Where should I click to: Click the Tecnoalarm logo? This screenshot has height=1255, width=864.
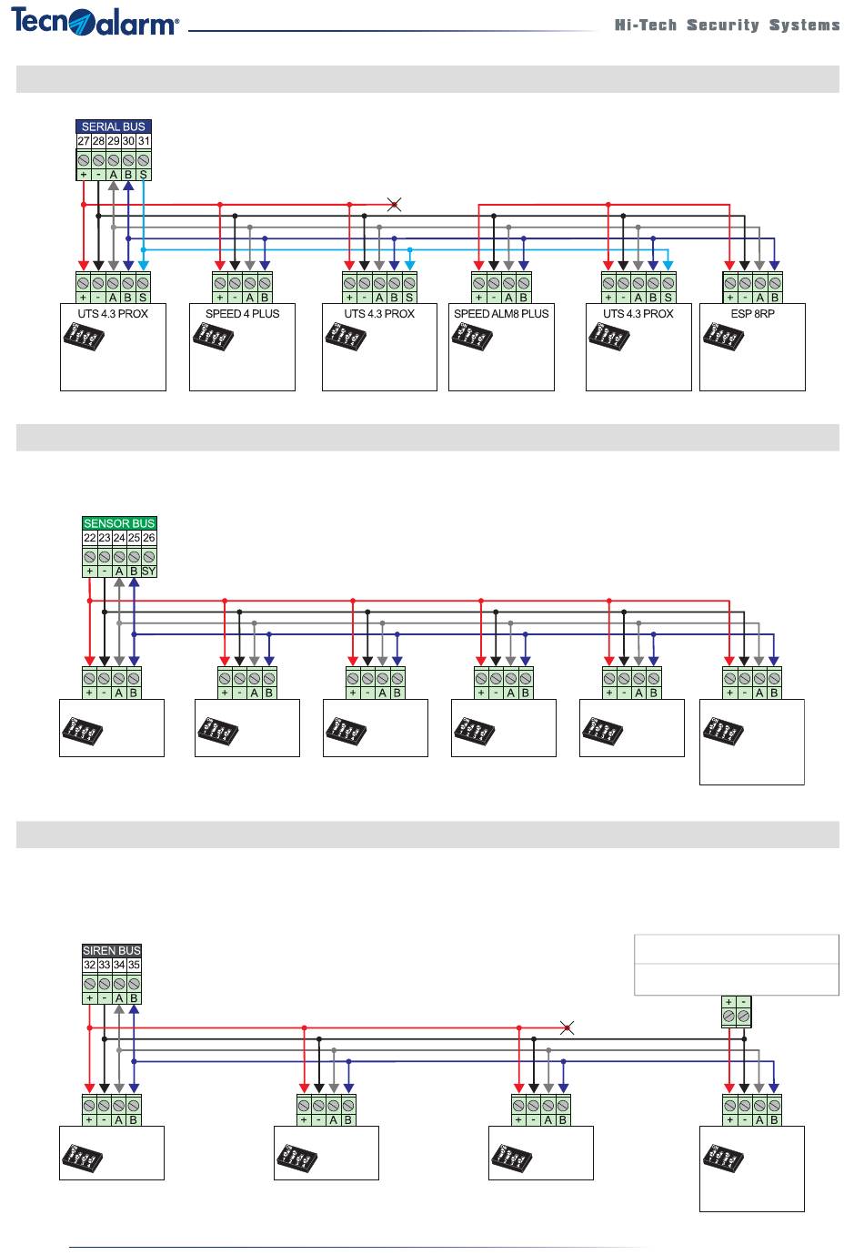click(x=95, y=23)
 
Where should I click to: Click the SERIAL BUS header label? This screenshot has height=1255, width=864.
click(x=113, y=127)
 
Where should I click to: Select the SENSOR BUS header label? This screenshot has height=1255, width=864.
click(x=119, y=523)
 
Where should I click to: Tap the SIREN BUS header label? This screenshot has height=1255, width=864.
click(x=112, y=950)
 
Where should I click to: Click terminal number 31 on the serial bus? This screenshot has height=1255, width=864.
click(x=144, y=141)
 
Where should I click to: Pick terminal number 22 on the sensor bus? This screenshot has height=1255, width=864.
click(x=90, y=538)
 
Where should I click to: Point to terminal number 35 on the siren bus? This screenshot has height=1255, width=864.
click(x=134, y=965)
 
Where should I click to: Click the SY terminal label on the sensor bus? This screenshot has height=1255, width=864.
click(x=148, y=572)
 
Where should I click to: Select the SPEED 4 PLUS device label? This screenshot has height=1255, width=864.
click(x=243, y=314)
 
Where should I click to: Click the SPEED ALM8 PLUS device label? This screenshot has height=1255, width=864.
click(x=501, y=314)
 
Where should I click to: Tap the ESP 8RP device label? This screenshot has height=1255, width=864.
click(x=752, y=314)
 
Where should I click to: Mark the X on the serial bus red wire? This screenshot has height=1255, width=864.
click(x=394, y=205)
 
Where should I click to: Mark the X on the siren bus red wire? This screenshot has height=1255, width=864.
click(x=567, y=1028)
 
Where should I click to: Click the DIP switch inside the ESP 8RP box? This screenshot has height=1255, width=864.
click(x=723, y=337)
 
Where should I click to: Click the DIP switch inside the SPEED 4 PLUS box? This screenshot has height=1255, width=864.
click(x=214, y=337)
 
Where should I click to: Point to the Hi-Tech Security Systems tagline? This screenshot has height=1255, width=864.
click(x=727, y=25)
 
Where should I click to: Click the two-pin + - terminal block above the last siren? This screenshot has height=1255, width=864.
click(x=737, y=1011)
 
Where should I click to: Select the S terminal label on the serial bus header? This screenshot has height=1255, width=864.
click(x=144, y=175)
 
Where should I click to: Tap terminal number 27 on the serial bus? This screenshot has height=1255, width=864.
click(x=84, y=141)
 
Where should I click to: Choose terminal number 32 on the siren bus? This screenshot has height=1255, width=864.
click(x=90, y=965)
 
